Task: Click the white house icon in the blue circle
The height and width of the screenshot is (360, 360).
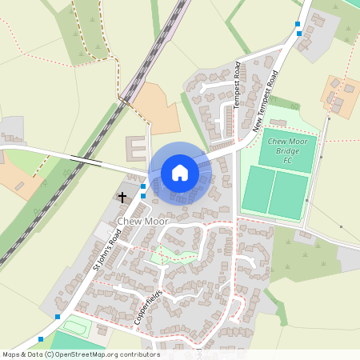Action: (x=180, y=173)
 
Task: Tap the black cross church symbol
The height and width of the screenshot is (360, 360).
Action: (x=123, y=196)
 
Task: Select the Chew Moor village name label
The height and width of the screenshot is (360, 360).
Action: (x=141, y=220)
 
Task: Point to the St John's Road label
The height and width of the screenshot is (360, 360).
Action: (x=106, y=250)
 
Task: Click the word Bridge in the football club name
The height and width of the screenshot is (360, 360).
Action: (x=287, y=150)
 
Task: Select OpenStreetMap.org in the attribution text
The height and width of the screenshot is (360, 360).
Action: (x=97, y=354)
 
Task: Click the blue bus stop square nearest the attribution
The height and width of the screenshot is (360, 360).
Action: (x=40, y=339)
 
